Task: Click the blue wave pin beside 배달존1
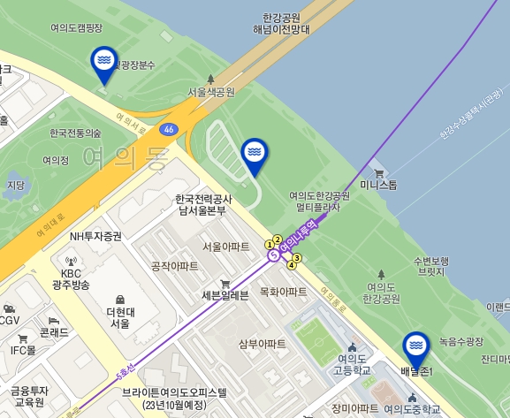417,347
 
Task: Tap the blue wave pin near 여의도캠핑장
104,62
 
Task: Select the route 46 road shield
168,129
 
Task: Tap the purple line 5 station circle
274,255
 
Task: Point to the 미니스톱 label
379,186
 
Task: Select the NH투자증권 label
95,236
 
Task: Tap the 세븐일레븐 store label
225,294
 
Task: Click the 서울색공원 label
211,91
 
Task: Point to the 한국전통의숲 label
76,133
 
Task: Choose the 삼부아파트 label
263,343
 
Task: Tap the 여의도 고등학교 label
354,364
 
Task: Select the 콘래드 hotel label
55,332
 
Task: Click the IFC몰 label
23,350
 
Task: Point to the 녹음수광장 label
461,340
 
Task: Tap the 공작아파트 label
174,265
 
